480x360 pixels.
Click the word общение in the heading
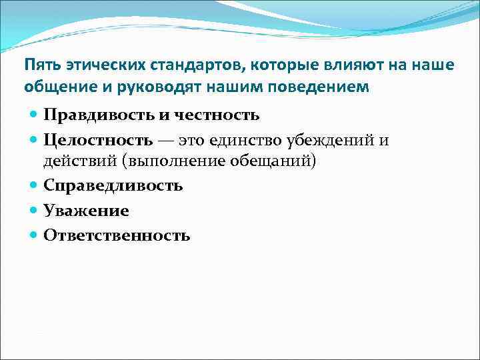55,87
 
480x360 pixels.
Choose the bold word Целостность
98,140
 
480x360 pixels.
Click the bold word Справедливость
113,185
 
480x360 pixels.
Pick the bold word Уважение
86,211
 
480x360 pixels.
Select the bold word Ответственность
117,235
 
